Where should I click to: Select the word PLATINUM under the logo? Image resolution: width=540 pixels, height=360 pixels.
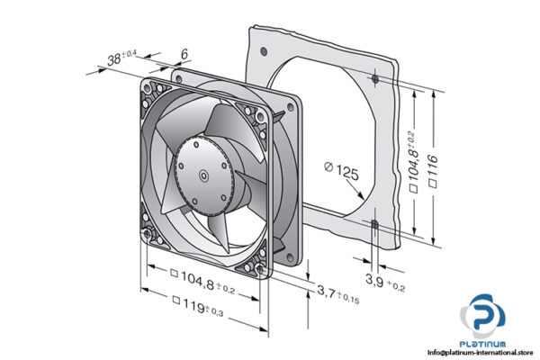[486, 344]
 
